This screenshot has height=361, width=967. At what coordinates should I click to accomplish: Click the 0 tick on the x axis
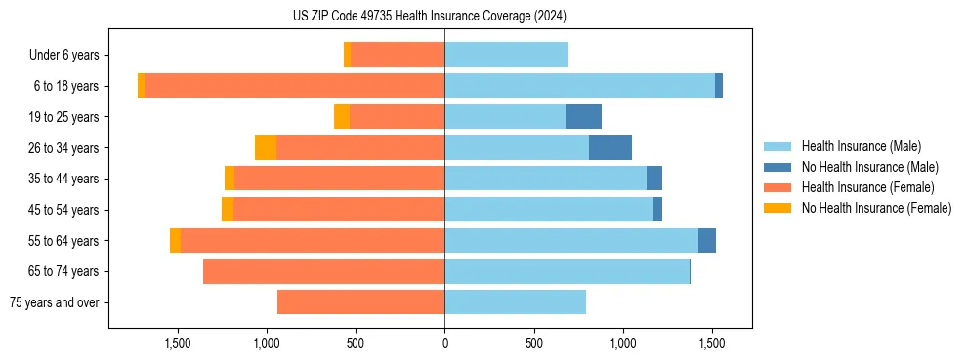[x=444, y=343]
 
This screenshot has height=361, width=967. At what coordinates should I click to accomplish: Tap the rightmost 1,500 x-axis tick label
[x=712, y=343]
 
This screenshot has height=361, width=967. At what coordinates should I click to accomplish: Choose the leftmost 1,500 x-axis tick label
[x=178, y=343]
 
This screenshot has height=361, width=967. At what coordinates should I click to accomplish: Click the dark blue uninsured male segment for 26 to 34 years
[x=610, y=147]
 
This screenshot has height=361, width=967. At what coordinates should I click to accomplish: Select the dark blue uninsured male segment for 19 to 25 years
[x=583, y=117]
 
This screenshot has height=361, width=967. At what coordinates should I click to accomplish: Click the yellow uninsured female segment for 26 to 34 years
[x=266, y=147]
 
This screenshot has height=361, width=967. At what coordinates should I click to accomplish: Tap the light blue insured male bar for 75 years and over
[x=515, y=302]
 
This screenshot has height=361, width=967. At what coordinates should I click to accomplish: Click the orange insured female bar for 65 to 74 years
[x=323, y=271]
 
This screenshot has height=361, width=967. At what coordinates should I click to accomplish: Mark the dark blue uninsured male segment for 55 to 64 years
[x=707, y=240]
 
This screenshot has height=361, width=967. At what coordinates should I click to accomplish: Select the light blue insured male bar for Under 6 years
[x=506, y=56]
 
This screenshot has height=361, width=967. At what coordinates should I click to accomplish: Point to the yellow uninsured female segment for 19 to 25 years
[x=342, y=117]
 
